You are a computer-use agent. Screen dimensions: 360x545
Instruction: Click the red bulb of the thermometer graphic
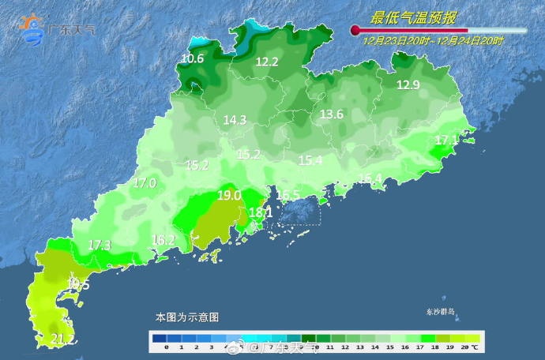[356, 31]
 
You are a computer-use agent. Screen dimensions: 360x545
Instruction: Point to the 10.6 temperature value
[192, 58]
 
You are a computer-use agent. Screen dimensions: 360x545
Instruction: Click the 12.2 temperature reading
[266, 62]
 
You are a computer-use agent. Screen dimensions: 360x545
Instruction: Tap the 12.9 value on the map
[408, 85]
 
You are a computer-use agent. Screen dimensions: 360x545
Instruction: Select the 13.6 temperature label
[331, 114]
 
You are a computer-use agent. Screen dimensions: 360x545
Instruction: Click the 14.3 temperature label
[235, 120]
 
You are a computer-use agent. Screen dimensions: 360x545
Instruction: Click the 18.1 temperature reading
[261, 212]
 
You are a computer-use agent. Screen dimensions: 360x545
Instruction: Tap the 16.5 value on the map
[288, 195]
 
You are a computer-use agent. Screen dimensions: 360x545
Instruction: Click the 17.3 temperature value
[100, 245]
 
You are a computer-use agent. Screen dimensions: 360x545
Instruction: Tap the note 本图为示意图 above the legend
[186, 317]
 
